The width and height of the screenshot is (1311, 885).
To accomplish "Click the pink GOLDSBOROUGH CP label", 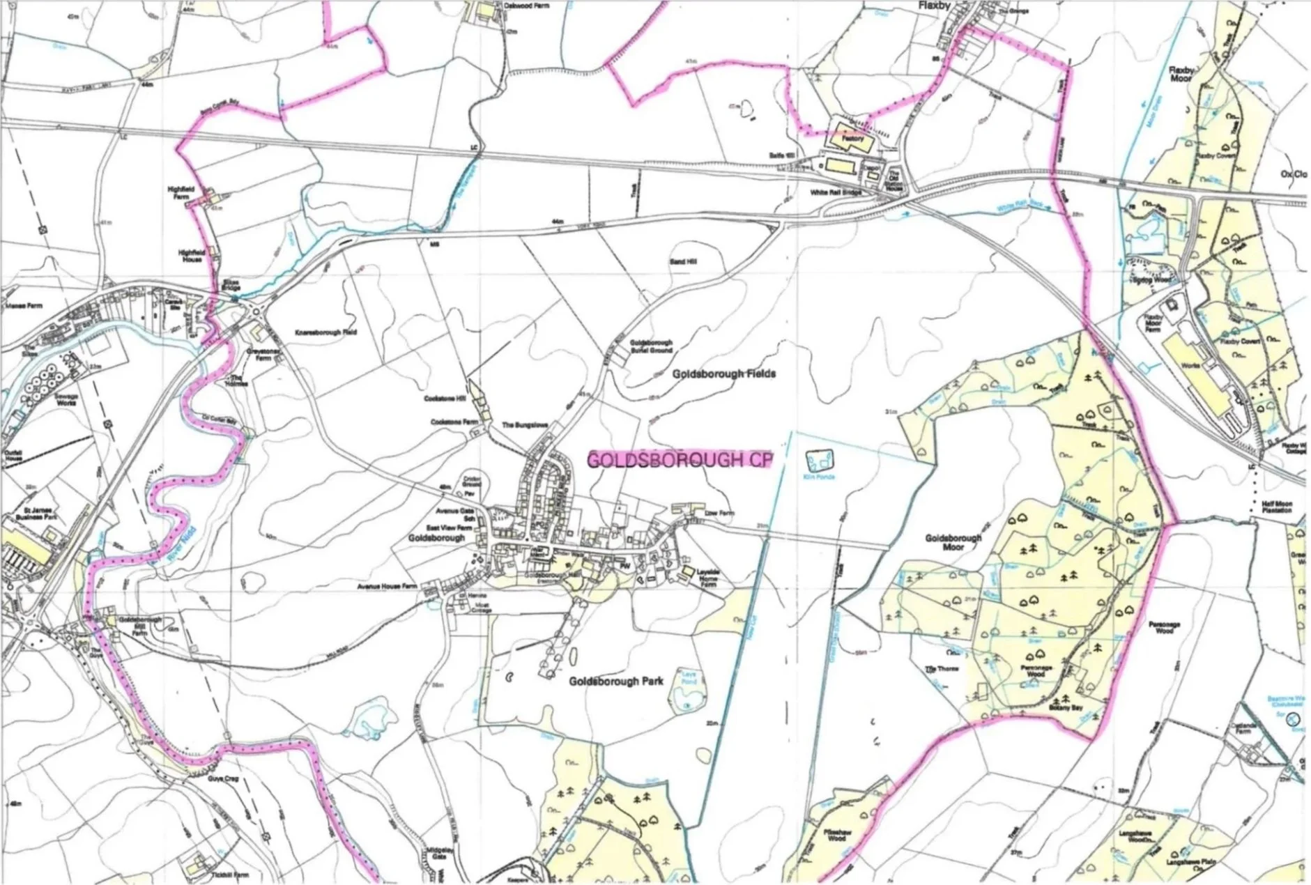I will coord(680,460).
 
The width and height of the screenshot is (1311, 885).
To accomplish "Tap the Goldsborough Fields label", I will coord(723,374).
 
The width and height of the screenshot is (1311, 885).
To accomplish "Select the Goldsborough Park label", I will coord(615,681).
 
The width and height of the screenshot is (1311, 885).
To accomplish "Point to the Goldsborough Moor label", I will coord(953,543).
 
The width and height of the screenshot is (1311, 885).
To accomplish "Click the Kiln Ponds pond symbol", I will coord(819,460).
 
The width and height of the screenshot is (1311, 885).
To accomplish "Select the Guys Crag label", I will coord(222,779).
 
